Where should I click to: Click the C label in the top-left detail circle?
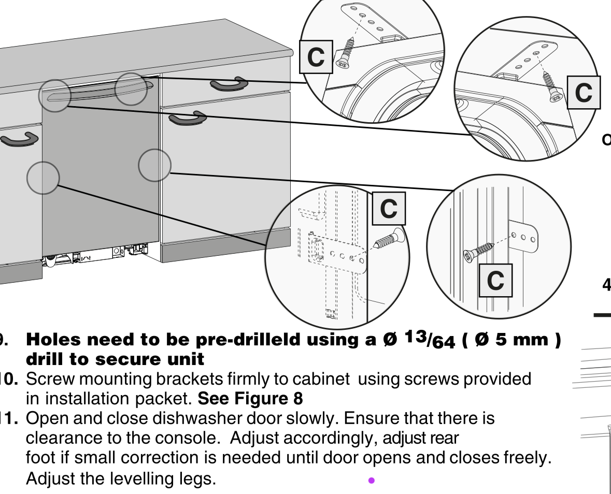tap(316, 57)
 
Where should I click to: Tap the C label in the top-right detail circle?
tap(584, 92)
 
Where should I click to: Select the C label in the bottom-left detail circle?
tap(389, 209)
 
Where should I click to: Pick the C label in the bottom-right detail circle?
tap(495, 280)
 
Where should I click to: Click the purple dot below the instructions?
tap(372, 481)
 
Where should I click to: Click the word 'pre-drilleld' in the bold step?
tap(248, 340)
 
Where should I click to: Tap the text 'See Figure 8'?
tap(250, 399)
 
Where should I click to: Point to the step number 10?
tap(9, 379)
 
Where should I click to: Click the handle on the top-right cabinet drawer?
tap(229, 84)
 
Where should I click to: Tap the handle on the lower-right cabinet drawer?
tap(188, 119)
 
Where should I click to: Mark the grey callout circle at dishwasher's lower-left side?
tap(43, 178)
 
